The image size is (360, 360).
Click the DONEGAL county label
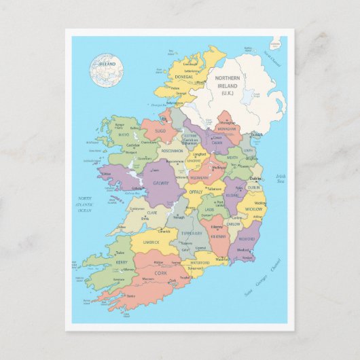point(184,77)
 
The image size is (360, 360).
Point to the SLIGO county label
point(160,129)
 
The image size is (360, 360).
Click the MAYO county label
point(124,135)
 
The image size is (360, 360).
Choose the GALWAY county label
point(161,183)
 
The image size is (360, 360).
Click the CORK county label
point(161,273)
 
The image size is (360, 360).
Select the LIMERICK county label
point(151,242)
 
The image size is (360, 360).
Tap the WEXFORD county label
point(245,239)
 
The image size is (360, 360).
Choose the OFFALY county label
point(196,192)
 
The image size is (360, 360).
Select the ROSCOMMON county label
point(173,151)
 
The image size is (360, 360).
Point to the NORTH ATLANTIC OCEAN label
point(84,204)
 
